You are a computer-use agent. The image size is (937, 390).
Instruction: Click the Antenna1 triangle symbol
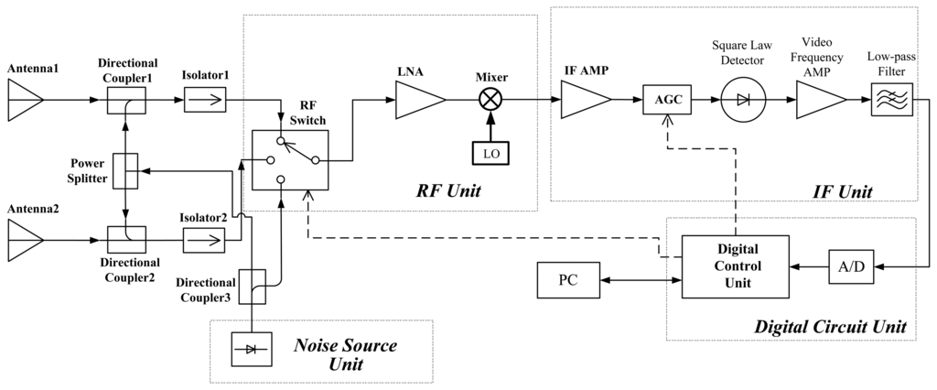tap(25, 99)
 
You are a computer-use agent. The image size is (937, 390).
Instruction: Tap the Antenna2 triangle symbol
tap(25, 241)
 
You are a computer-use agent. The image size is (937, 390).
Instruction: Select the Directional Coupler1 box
tap(126, 99)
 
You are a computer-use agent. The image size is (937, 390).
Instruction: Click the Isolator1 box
tap(205, 99)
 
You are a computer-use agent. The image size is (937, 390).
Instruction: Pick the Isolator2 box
tap(204, 241)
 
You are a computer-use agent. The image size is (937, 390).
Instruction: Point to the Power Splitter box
tap(126, 170)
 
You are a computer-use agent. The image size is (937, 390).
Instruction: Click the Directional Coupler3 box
tap(253, 287)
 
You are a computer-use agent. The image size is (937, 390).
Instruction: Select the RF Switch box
tap(290, 159)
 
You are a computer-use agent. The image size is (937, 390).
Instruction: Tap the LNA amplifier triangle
tap(420, 99)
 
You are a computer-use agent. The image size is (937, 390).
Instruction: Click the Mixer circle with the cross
tap(491, 99)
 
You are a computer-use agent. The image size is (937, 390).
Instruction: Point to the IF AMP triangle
tap(586, 99)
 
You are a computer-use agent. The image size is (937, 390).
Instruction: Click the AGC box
tap(666, 99)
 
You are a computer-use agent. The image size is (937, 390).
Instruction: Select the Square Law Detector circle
tap(743, 99)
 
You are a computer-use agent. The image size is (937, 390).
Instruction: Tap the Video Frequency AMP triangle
tap(821, 99)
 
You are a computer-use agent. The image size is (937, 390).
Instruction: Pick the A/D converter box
tap(851, 266)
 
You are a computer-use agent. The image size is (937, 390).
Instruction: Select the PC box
tap(568, 279)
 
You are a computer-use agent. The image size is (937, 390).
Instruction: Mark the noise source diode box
tap(252, 350)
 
